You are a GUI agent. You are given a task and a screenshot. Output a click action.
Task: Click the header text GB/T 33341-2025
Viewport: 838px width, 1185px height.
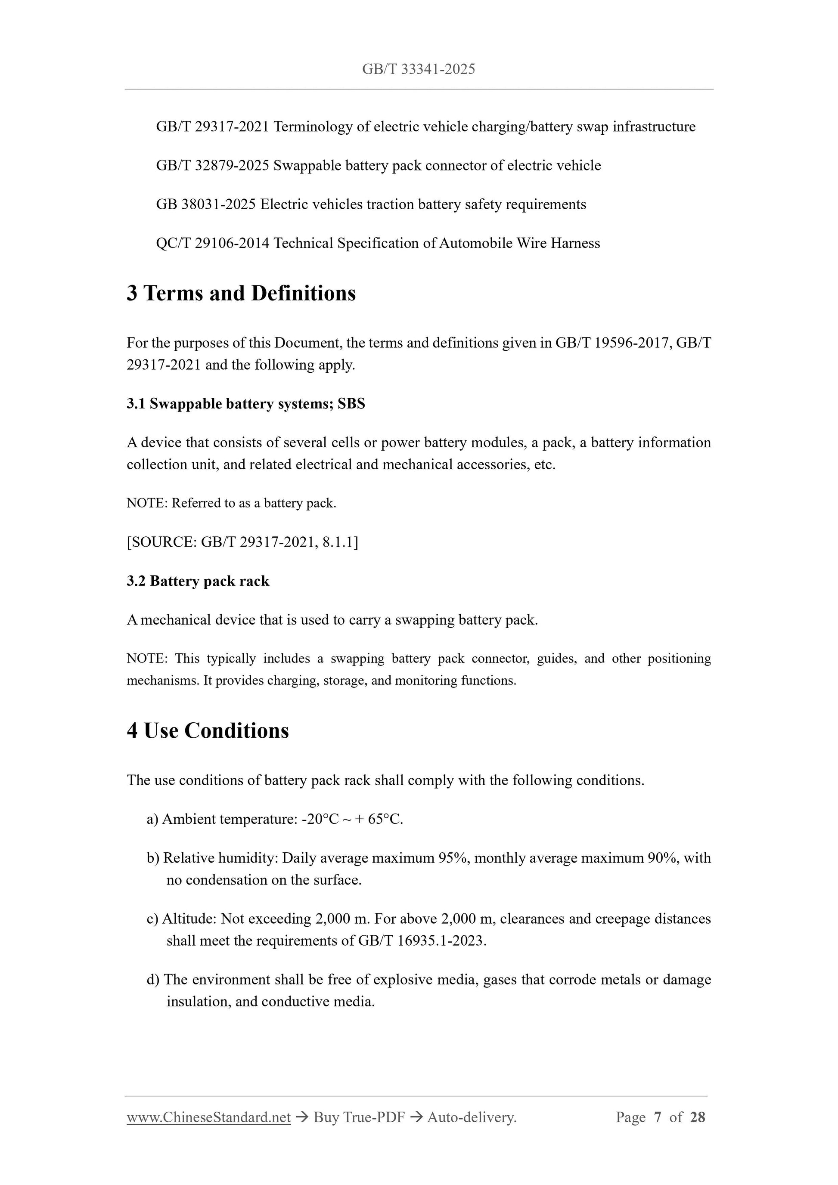pyautogui.click(x=418, y=69)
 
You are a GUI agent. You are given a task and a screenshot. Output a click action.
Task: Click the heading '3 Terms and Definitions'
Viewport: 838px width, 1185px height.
pyautogui.click(x=241, y=293)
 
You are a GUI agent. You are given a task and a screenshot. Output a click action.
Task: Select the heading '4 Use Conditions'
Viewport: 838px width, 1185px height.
pyautogui.click(x=208, y=731)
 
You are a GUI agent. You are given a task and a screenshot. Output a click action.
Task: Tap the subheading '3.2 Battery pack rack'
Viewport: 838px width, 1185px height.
pyautogui.click(x=198, y=581)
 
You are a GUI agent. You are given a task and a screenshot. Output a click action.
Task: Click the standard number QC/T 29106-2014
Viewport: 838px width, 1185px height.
pyautogui.click(x=212, y=243)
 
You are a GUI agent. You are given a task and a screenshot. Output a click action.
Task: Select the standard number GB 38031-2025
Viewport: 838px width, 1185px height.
pyautogui.click(x=205, y=204)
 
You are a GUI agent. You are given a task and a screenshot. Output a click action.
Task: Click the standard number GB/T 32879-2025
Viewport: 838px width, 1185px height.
pyautogui.click(x=212, y=166)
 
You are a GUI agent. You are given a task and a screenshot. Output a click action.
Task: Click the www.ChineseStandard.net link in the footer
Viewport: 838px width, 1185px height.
pyautogui.click(x=208, y=1117)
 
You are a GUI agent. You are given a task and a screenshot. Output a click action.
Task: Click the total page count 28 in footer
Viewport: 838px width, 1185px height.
pyautogui.click(x=697, y=1117)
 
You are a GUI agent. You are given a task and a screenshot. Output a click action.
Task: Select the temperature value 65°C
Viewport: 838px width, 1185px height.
pyautogui.click(x=385, y=820)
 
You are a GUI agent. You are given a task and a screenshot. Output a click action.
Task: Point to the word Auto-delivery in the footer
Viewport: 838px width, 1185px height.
pyautogui.click(x=472, y=1117)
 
